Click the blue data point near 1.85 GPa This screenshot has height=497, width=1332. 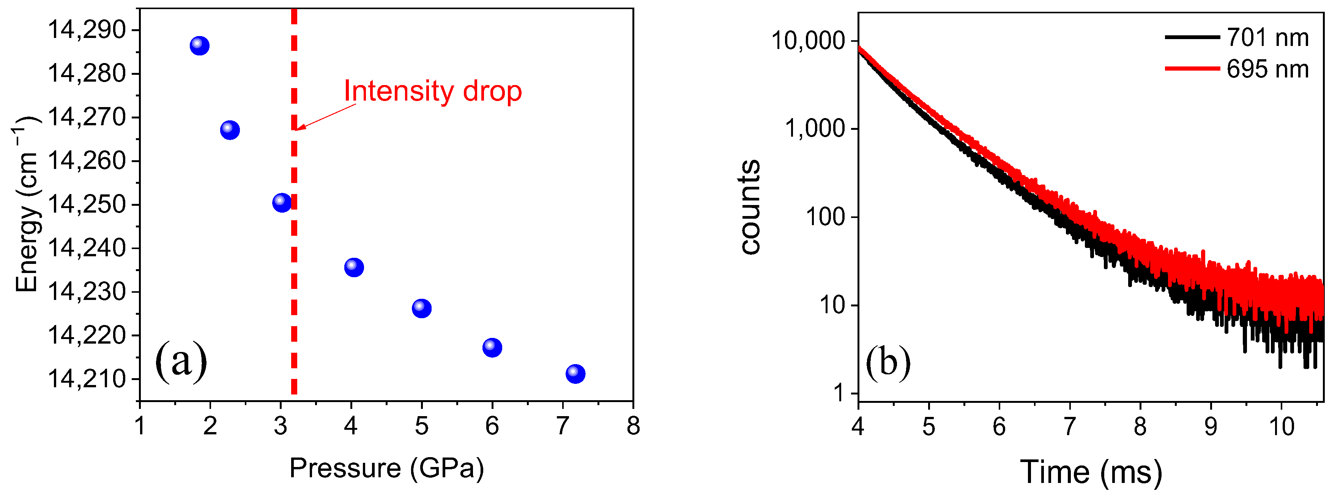pos(200,46)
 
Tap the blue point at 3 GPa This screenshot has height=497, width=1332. pos(281,202)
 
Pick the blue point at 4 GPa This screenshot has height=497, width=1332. pos(354,267)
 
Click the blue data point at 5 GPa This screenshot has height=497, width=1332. pos(421,308)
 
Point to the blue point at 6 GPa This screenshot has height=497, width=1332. pos(492,347)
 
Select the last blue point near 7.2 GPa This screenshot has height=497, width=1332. pos(575,373)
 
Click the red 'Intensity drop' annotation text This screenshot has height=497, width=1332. pos(433,91)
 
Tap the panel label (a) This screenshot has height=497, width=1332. pos(181,361)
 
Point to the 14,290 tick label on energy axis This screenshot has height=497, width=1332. pos(87,30)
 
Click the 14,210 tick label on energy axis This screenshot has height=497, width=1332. pos(87,379)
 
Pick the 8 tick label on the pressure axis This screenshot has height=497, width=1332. pos(633,426)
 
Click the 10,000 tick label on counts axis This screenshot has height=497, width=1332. pos(808,40)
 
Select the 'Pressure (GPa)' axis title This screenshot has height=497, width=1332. pos(386,469)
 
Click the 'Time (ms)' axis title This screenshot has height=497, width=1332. pos(1091,472)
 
